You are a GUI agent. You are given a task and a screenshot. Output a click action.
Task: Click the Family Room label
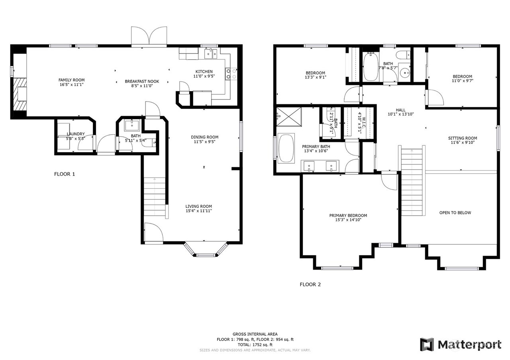71,80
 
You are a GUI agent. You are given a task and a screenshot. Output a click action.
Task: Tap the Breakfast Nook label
142,81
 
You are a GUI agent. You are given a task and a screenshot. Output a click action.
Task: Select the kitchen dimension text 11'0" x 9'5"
204,76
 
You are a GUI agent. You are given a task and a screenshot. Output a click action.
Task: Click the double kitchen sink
211,54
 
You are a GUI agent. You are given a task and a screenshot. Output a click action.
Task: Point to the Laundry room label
76,134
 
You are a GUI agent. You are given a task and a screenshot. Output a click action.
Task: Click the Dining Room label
204,137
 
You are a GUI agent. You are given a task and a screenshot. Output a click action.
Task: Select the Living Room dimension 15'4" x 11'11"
199,211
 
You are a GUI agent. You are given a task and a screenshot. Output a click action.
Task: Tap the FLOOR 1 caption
65,174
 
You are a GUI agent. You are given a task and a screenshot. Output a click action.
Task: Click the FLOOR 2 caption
310,284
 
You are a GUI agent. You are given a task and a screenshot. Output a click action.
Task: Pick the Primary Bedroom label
348,215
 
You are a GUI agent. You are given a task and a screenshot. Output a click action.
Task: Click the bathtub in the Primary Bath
286,148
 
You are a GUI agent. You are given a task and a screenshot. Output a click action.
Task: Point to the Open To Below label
455,213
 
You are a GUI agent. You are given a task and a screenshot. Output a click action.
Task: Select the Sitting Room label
463,138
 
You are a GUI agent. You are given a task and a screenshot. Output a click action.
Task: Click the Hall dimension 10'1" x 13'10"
401,114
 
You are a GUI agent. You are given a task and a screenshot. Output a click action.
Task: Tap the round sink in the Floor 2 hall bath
405,73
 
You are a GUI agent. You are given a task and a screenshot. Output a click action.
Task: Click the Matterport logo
460,345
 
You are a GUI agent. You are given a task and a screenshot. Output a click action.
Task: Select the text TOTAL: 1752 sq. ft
255,345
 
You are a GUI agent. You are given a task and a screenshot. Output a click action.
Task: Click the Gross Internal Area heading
255,334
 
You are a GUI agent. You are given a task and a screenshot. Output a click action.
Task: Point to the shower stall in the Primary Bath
289,117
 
